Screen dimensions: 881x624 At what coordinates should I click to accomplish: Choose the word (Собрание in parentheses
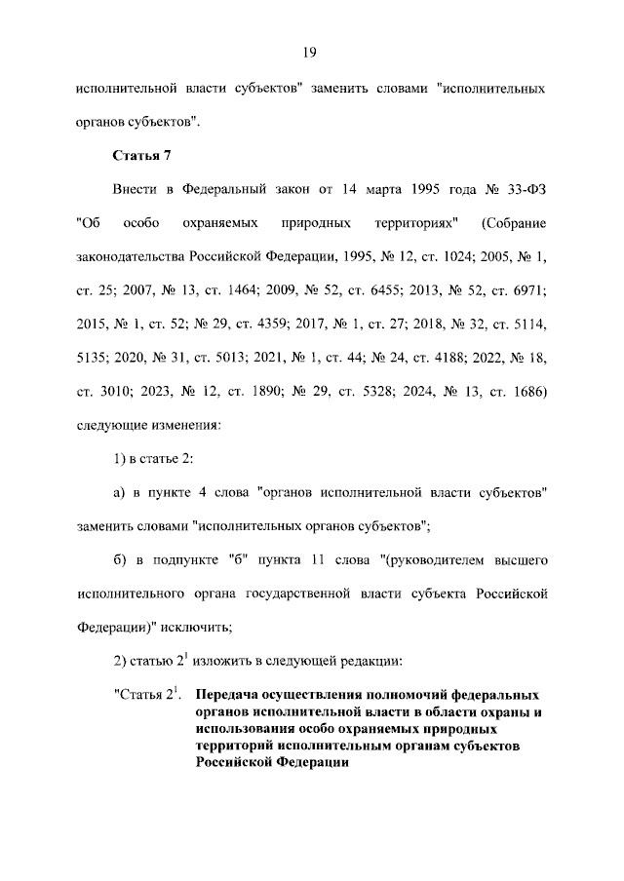[514, 223]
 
